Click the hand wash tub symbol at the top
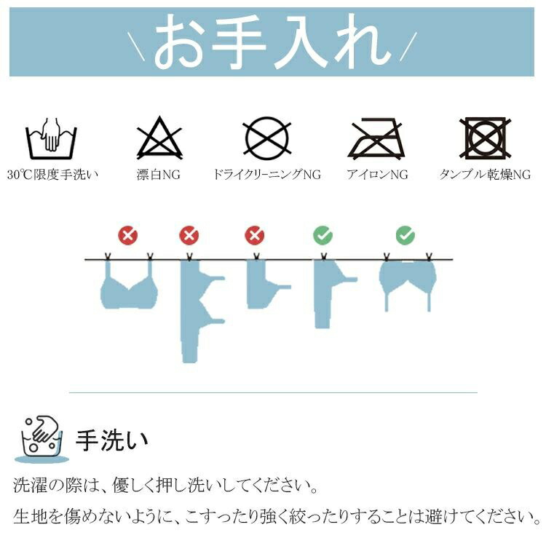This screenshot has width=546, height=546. click(51, 138)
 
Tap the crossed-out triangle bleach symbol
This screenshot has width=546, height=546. click(159, 138)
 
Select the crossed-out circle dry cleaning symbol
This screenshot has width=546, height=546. click(267, 137)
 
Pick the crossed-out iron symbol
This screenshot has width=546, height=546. click(377, 138)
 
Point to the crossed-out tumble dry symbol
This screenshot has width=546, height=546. click(485, 138)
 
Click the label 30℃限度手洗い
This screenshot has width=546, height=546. click(52, 175)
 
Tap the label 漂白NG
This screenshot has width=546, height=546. click(159, 175)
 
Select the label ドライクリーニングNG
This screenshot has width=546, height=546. click(267, 175)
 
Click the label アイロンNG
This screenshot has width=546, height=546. click(377, 175)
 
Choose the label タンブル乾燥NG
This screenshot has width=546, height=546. click(485, 175)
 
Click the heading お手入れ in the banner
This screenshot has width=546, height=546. click(272, 42)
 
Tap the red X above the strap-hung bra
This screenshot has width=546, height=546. click(128, 235)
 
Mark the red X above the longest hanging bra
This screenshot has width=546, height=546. click(189, 235)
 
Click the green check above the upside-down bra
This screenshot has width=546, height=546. click(405, 235)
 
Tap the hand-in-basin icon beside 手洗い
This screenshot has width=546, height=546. click(41, 440)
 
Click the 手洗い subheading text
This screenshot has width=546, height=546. click(112, 440)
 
